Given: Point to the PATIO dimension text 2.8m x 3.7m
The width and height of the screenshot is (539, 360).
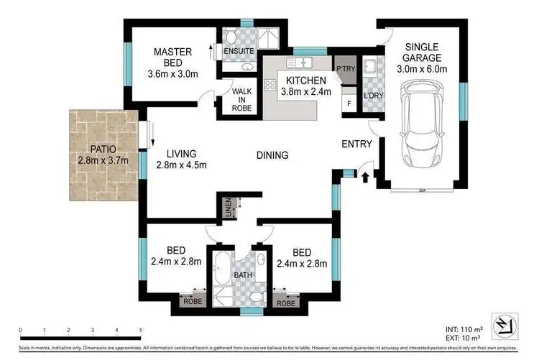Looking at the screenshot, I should (103, 160).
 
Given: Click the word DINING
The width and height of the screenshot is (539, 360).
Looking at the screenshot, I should (272, 154).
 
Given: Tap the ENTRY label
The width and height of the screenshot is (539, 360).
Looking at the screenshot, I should (356, 144).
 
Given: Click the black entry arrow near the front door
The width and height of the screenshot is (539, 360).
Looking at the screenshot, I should (366, 175).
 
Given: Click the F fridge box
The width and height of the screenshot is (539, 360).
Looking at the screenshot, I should (349, 103).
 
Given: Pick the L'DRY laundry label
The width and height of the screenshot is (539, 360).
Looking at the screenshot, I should (372, 96).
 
